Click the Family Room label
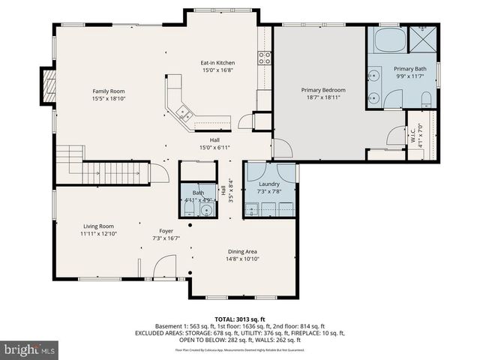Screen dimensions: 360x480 pos(108,91)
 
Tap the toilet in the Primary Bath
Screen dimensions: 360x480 pos(425,100)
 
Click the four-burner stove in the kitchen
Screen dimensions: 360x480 pos(264,57)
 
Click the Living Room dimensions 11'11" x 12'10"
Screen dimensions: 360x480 pos(98,234)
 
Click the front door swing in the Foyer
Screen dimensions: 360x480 pos(163,266)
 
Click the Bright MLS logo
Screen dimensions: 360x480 pos(30,349)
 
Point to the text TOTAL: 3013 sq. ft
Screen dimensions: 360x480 pos(240,319)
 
